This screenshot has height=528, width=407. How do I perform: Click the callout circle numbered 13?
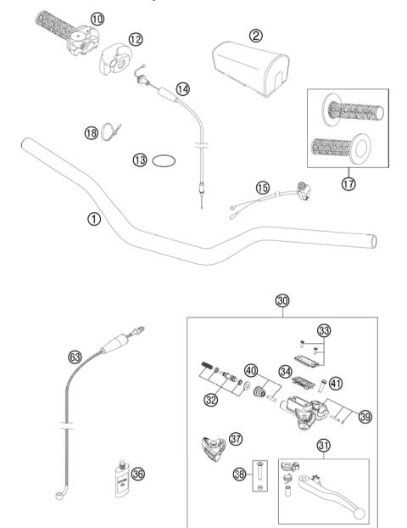click(x=140, y=159)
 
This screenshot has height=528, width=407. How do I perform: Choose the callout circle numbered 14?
click(x=183, y=87)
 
